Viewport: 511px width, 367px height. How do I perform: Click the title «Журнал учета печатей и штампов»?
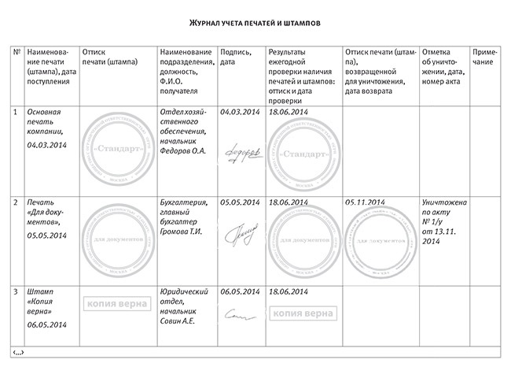(x=256, y=24)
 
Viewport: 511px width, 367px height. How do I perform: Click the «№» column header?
(x=17, y=51)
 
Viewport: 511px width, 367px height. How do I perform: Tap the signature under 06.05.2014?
(x=235, y=315)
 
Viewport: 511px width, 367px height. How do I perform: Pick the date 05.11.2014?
(x=364, y=202)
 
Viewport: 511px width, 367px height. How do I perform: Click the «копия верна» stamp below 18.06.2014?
(x=301, y=313)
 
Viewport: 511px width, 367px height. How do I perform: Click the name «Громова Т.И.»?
(x=180, y=232)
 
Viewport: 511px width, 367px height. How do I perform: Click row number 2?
(x=17, y=202)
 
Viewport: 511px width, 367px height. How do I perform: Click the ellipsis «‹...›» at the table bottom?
(x=18, y=350)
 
